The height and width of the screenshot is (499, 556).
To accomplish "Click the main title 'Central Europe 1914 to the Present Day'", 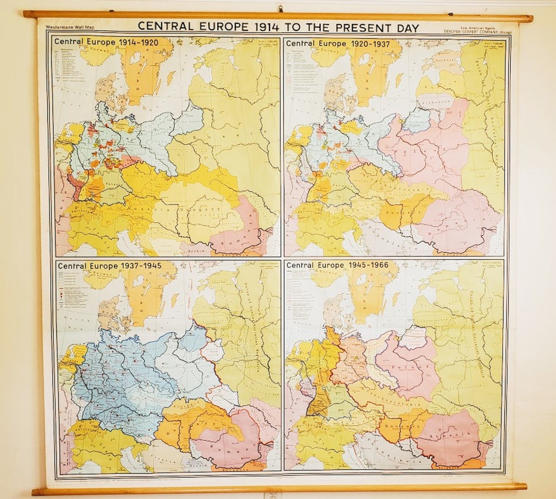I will (x=278, y=27).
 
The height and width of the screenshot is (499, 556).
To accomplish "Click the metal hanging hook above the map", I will (x=281, y=9).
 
